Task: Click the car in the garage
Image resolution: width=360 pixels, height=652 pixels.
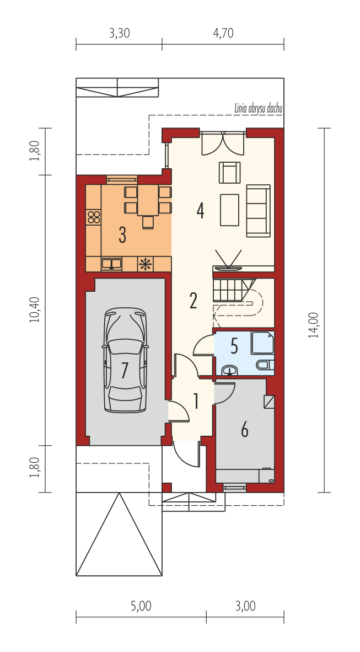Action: point(125,360)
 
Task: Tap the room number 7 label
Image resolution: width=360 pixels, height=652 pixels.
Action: point(124,371)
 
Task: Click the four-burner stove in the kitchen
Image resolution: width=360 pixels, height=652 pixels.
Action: point(94,217)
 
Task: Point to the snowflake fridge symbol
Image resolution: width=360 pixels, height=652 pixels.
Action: point(145,264)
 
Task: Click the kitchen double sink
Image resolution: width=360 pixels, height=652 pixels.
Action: point(111,263)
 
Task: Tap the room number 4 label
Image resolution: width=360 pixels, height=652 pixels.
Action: point(200,211)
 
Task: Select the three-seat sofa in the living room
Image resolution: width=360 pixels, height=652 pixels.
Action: point(258,211)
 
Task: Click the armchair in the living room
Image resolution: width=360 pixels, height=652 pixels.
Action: point(230,172)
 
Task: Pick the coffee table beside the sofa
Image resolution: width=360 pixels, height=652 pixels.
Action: point(230,210)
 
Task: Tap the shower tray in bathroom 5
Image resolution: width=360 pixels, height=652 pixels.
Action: point(263,343)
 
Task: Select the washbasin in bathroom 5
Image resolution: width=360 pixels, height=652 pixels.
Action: point(229,370)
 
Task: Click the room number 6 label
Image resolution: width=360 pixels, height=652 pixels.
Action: point(244,430)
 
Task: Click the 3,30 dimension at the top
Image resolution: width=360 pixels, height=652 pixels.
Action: point(119,33)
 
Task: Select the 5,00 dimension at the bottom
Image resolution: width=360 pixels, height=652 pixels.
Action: point(141,606)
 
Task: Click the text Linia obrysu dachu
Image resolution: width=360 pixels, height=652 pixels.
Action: point(258,109)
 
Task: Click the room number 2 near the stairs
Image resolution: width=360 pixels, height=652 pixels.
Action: point(193,301)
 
